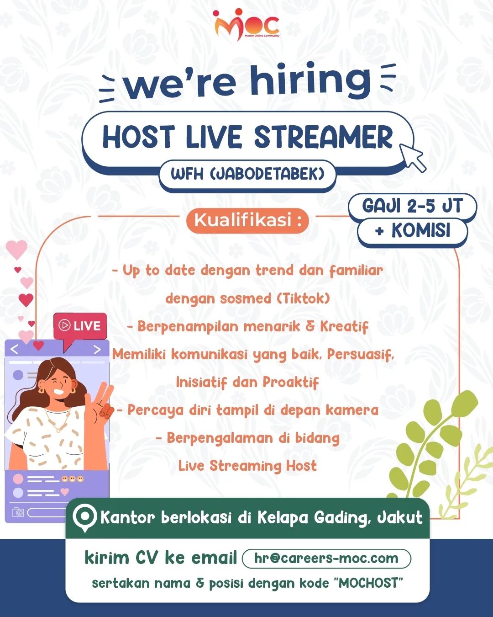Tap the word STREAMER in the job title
coord(323,137)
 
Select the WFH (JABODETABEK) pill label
coord(247,174)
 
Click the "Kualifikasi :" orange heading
coord(247,220)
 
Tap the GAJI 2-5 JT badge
coord(412,206)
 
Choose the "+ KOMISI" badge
coord(412,231)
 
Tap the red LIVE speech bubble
coord(80,326)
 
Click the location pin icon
coord(85,518)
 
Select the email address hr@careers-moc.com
coord(326,558)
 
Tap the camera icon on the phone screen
coord(18,512)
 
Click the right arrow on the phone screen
coord(97,350)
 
